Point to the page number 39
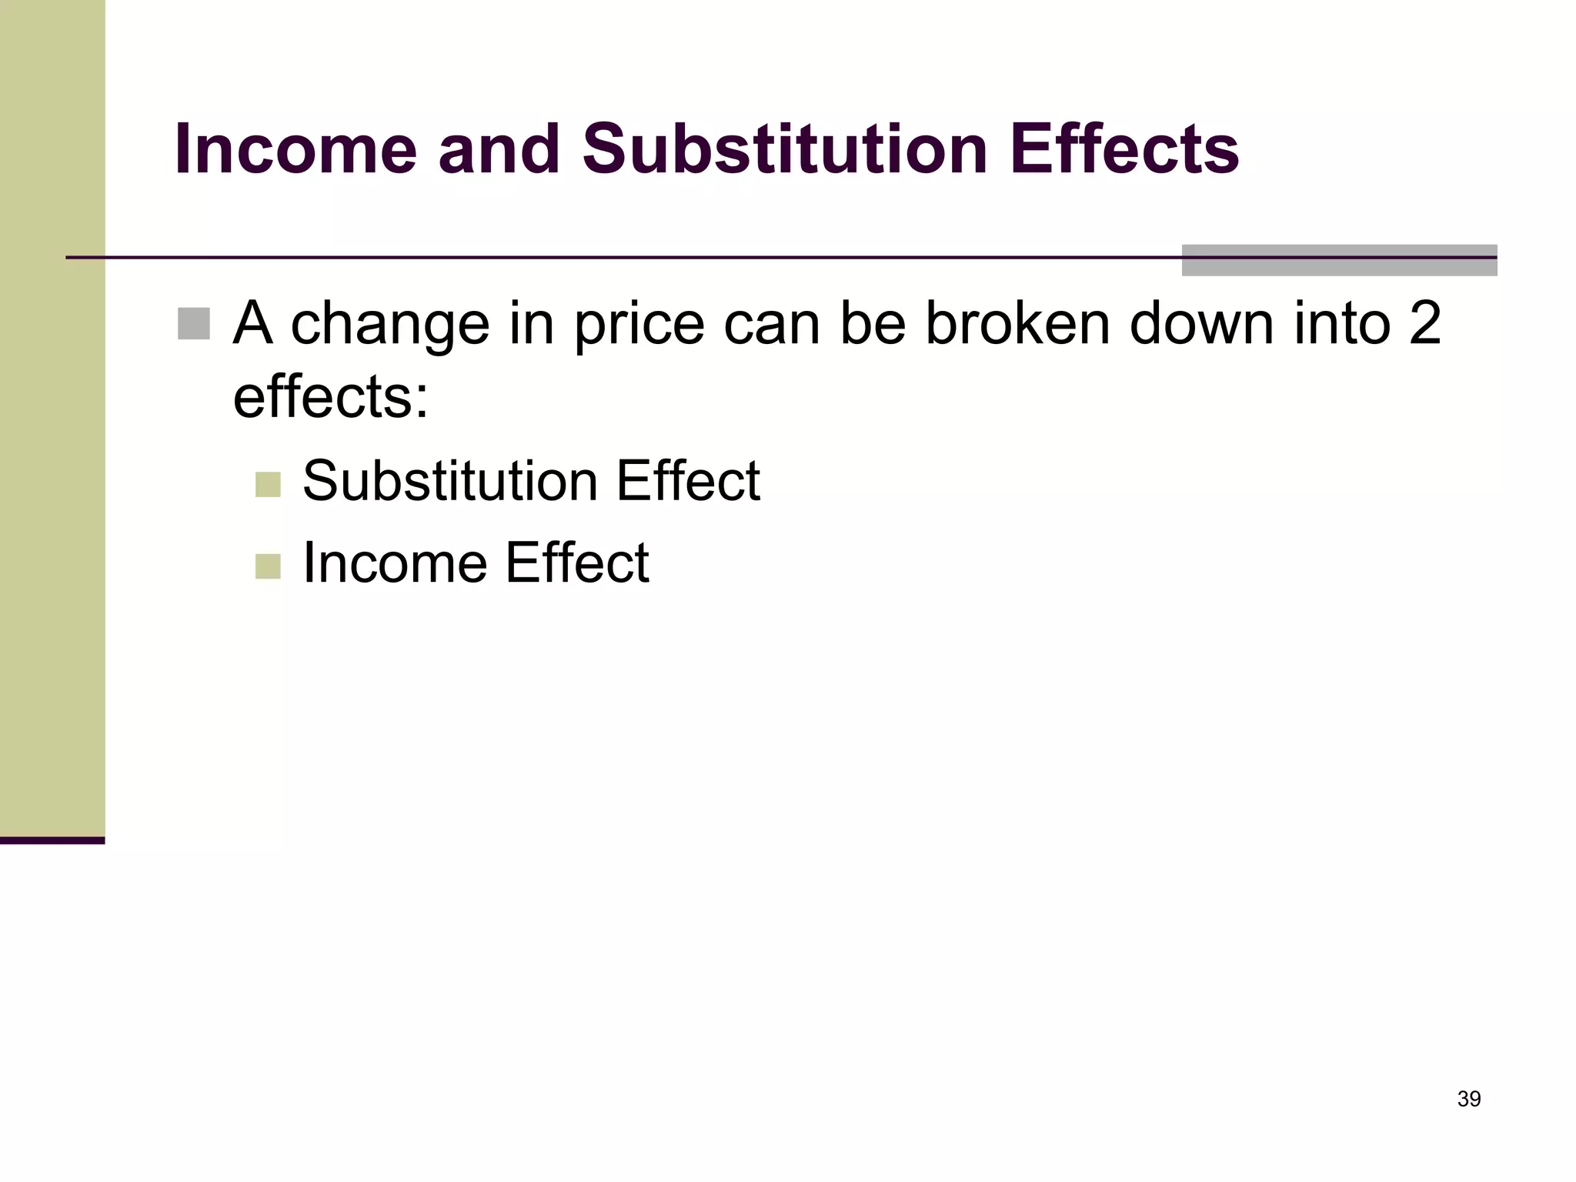click(1469, 1099)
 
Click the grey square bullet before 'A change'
click(193, 323)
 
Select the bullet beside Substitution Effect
click(268, 485)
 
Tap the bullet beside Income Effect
click(268, 566)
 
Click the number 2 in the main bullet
click(1424, 323)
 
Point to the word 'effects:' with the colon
click(330, 398)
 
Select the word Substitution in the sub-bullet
click(450, 482)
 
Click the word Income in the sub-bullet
click(395, 563)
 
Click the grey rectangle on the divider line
click(1339, 260)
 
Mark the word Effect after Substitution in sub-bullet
click(687, 482)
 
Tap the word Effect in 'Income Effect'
click(576, 563)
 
